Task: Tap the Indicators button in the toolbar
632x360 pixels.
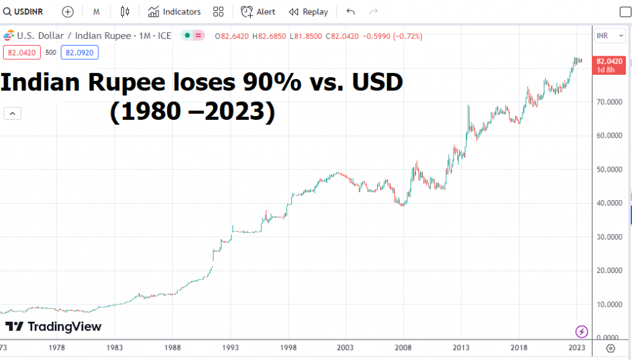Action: (x=175, y=12)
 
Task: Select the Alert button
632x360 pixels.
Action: (x=259, y=12)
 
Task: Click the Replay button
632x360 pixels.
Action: (x=308, y=12)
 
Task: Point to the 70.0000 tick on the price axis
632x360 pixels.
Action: (x=609, y=102)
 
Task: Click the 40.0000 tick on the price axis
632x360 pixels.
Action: (x=609, y=203)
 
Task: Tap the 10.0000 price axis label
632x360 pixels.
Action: (x=609, y=304)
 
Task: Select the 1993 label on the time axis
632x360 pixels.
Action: (x=231, y=348)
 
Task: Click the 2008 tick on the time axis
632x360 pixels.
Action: (x=404, y=348)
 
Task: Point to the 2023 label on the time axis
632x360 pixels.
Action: (x=576, y=348)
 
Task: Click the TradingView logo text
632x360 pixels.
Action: (x=64, y=327)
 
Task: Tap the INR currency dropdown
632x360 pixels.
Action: (x=604, y=36)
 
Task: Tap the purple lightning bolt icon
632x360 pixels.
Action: (x=581, y=332)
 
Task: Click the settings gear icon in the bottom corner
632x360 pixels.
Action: (x=612, y=348)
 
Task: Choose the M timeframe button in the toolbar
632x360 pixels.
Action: (x=97, y=12)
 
